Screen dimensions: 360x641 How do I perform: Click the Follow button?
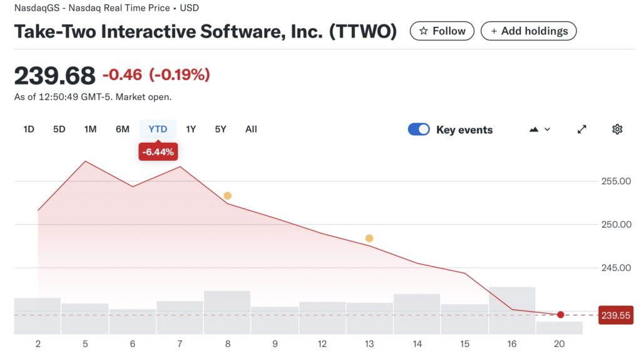442,31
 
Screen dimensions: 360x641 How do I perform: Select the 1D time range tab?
29,129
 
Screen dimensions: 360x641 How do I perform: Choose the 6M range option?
123,129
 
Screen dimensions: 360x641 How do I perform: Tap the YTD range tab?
158,129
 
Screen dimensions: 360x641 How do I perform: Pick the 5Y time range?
220,129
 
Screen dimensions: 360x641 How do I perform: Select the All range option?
251,129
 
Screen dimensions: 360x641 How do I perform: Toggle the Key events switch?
419,129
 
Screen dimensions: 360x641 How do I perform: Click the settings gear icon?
617,129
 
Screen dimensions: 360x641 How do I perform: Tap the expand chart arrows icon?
582,129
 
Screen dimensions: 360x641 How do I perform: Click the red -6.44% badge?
158,152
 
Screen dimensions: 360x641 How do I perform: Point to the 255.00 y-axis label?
616,182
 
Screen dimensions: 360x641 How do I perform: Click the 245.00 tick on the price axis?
616,268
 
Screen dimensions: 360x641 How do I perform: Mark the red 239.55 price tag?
616,316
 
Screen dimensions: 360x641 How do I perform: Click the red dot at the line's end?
560,315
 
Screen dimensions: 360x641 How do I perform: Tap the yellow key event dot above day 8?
227,196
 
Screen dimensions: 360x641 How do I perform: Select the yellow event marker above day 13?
369,239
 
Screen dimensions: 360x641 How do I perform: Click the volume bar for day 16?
512,311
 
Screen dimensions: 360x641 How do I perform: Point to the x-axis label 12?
322,344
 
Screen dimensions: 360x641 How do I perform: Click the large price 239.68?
55,76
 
